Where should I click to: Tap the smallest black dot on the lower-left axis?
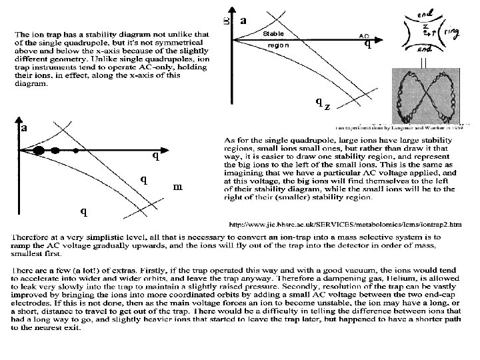point(76,151)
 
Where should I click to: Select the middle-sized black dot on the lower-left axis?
point(57,150)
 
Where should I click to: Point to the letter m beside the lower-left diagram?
point(177,187)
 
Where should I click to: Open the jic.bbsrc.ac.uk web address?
point(344,224)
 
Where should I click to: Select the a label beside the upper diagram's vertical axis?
point(244,21)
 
